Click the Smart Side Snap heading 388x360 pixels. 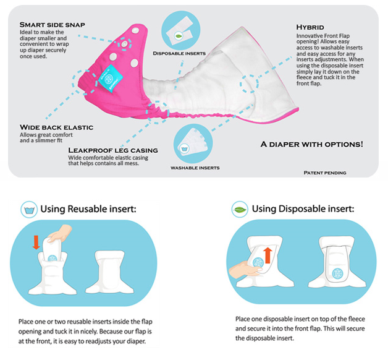click(x=53, y=25)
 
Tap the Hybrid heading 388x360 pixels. click(x=310, y=27)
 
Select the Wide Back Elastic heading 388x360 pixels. click(x=56, y=127)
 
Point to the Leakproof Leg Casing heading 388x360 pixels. click(x=113, y=150)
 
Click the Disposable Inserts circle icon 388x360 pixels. click(x=180, y=30)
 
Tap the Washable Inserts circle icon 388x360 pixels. click(x=193, y=144)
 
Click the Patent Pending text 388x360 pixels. click(x=325, y=173)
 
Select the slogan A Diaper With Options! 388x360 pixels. click(x=312, y=144)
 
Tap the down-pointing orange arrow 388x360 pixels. click(x=36, y=242)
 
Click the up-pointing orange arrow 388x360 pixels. click(x=268, y=255)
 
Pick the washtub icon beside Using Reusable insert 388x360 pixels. click(x=29, y=210)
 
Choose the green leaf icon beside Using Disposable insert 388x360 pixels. click(x=240, y=209)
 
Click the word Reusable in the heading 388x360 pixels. click(x=87, y=209)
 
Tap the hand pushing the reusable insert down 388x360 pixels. click(x=59, y=233)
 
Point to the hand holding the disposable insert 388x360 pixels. click(x=245, y=270)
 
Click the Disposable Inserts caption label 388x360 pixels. click(x=179, y=53)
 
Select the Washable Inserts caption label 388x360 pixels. click(x=195, y=168)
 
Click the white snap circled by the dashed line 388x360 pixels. click(x=124, y=45)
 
